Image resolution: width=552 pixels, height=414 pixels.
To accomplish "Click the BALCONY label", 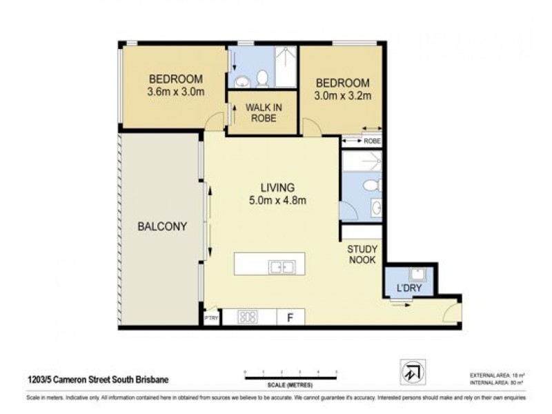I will point(162,226).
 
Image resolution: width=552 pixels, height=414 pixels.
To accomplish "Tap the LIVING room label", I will point(277,187).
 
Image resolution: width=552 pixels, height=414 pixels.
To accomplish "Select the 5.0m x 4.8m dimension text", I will point(277,201).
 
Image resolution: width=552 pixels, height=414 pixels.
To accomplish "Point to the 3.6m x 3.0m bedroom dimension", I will point(175,91).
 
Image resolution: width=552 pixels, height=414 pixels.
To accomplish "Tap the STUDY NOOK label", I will point(361,255).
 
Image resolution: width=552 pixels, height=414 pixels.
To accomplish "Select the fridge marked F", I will point(290,317).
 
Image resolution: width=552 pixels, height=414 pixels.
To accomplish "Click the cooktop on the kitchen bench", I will point(248,317).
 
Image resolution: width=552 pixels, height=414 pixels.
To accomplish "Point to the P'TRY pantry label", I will point(210,318).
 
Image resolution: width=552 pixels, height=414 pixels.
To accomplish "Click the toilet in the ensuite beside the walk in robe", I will point(262,79).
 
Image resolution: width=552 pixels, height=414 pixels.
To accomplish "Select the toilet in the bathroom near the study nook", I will point(371,186).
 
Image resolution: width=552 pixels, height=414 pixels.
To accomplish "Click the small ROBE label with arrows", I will point(371,141).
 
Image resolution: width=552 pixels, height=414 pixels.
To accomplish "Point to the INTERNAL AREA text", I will point(491,381).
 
